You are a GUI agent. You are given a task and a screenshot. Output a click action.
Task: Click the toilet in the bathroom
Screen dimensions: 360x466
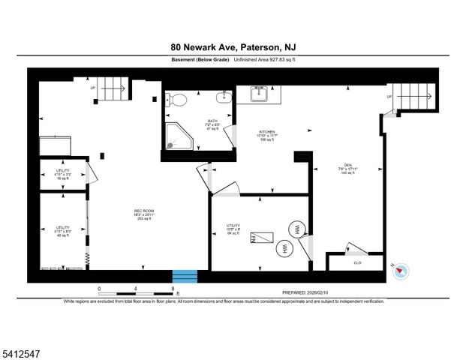pos(177,100)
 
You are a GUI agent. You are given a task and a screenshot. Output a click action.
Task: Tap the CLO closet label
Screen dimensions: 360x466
pos(356,263)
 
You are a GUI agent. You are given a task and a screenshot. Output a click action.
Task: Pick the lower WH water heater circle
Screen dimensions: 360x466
pos(284,247)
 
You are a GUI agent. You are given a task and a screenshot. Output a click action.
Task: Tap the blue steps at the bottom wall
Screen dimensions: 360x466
pos(185,276)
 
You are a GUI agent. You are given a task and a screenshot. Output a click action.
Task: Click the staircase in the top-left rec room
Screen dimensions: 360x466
pos(113,91)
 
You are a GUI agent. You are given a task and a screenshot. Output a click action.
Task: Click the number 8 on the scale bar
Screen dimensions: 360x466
pos(173,288)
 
